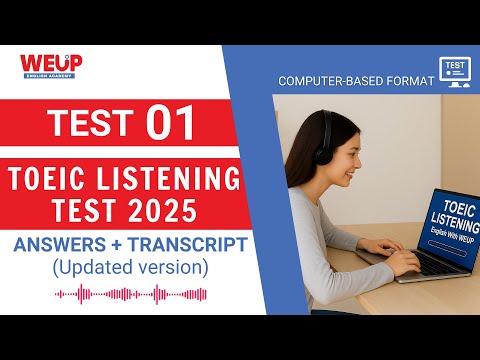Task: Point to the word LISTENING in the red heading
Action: (176, 181)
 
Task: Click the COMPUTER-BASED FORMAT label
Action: (355, 80)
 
